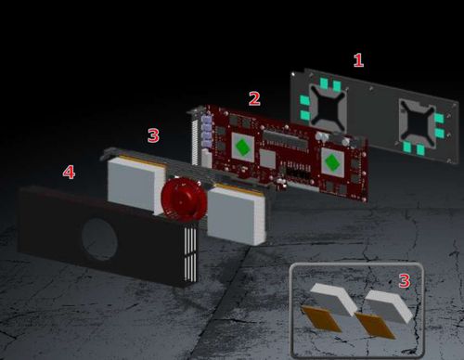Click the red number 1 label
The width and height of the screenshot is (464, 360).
click(358, 60)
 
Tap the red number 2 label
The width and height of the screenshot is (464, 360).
click(254, 98)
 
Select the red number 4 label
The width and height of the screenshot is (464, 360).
click(69, 172)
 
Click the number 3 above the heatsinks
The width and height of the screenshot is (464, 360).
click(153, 135)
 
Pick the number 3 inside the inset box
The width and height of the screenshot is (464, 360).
click(405, 281)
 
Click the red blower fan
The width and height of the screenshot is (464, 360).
click(184, 199)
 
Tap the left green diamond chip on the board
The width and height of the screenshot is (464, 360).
click(243, 148)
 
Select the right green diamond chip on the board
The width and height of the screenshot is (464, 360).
click(332, 162)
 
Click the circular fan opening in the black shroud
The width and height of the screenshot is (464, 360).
click(99, 239)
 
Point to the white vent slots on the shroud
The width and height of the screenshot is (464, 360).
click(190, 254)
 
